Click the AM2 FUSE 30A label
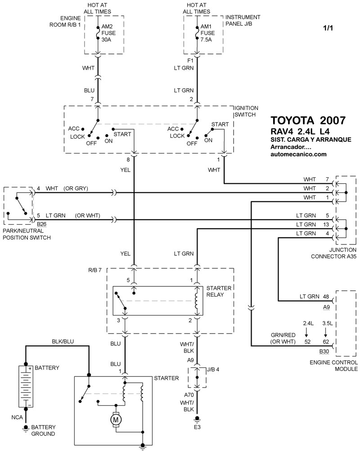pyautogui.click(x=108, y=33)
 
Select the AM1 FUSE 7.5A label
pyautogui.click(x=207, y=33)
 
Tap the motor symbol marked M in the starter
pyautogui.click(x=116, y=420)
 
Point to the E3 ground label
pyautogui.click(x=197, y=427)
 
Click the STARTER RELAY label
pyautogui.click(x=219, y=291)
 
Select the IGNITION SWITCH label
pyautogui.click(x=246, y=111)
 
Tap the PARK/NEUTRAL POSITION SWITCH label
pyautogui.click(x=27, y=234)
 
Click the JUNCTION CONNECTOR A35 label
pyautogui.click(x=333, y=253)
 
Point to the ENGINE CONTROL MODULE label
pyautogui.click(x=333, y=366)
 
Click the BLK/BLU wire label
pyautogui.click(x=63, y=342)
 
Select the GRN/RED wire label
pyautogui.click(x=283, y=335)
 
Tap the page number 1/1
pyautogui.click(x=328, y=28)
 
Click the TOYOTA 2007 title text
pyautogui.click(x=308, y=120)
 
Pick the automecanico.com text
pyautogui.click(x=299, y=154)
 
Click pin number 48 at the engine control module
pyautogui.click(x=326, y=296)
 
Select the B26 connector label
pyautogui.click(x=41, y=224)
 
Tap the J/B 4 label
pyautogui.click(x=213, y=370)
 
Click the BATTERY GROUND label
pyautogui.click(x=43, y=430)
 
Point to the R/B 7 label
pyautogui.click(x=95, y=271)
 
